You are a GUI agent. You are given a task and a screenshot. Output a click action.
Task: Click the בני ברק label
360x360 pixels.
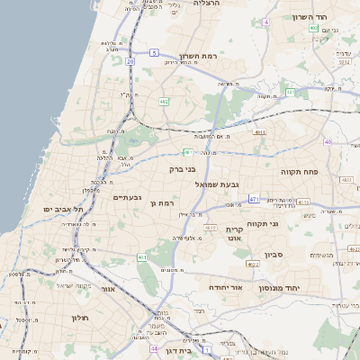tap(183, 168)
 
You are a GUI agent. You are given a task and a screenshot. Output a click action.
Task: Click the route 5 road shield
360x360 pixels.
tap(155, 53)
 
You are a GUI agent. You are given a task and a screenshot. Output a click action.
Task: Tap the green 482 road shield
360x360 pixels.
tap(164, 102)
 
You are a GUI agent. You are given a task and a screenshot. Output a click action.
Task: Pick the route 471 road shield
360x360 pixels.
tap(254, 199)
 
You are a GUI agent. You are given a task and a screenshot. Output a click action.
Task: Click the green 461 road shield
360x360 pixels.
tap(141, 257)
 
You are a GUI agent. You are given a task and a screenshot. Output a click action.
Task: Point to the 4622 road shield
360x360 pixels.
tap(253, 265)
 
